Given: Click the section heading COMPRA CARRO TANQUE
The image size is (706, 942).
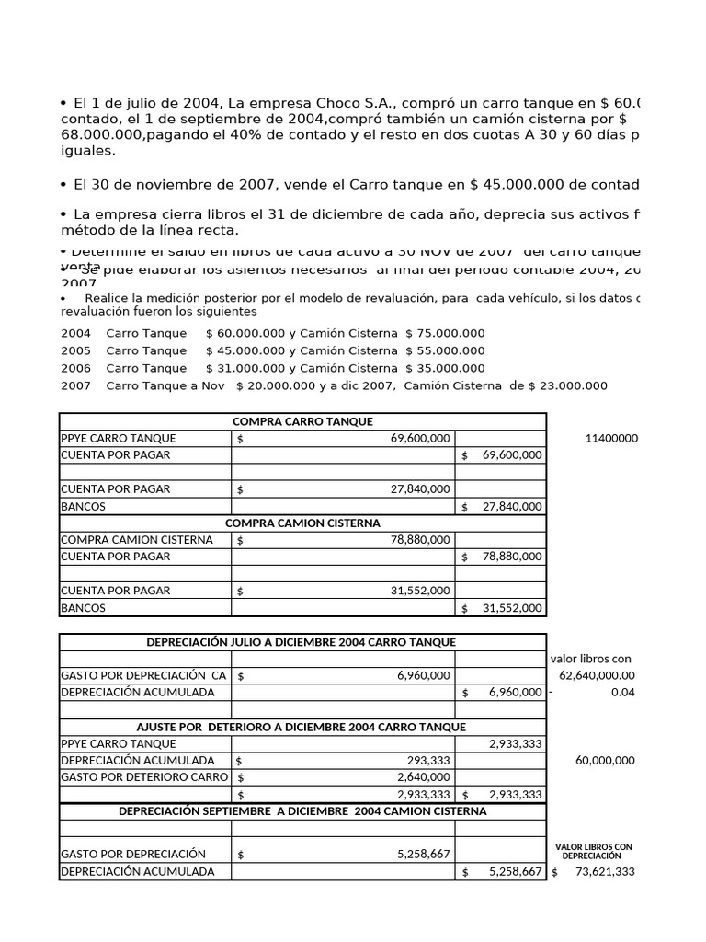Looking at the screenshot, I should pos(302,421).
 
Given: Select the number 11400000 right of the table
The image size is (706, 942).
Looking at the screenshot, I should pos(610,439).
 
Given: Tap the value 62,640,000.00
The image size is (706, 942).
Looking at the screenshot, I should pos(595,675).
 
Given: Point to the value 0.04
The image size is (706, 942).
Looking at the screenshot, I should pos(622,692).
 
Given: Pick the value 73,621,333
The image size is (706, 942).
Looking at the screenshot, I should pos(598,871).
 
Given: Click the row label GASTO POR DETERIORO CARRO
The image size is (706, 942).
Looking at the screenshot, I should pos(143,777).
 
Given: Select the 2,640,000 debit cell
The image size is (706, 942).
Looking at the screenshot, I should pos(424,777).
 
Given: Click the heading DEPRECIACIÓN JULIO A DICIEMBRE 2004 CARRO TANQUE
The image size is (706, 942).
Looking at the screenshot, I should pos(302,642).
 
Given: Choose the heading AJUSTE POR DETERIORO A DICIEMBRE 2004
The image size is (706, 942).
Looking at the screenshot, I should pos(302,727).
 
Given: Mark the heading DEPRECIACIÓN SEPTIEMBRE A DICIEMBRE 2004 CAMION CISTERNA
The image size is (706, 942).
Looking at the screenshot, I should pos(302,811).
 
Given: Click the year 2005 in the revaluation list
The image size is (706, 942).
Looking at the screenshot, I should pos(75,350).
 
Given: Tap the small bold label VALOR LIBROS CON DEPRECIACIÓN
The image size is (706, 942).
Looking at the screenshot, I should pos(594,850).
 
